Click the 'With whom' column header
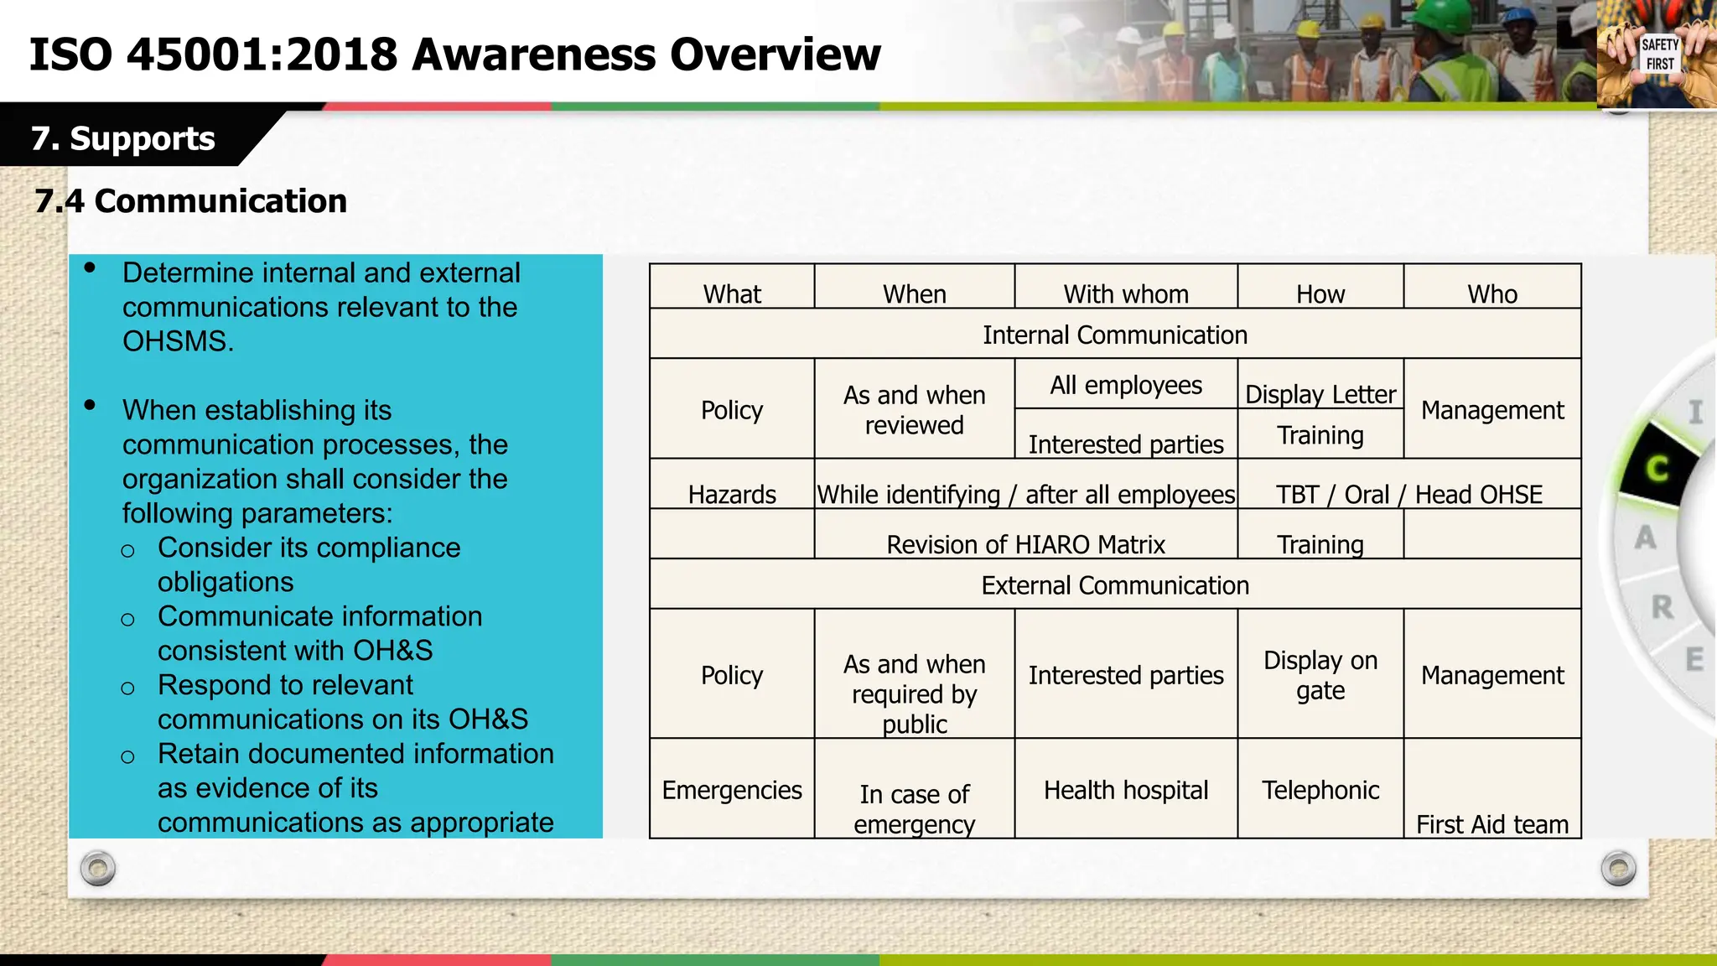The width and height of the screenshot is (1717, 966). tap(1125, 293)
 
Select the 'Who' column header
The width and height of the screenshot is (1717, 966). tap(1491, 293)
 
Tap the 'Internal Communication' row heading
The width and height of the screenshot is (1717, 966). tap(1114, 335)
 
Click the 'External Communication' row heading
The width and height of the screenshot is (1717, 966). tap(1114, 585)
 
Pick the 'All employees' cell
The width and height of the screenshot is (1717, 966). tap(1125, 385)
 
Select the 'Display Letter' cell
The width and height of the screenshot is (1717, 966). tap(1320, 393)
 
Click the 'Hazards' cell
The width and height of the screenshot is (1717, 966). tap(731, 494)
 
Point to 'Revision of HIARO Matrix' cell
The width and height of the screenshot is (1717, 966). tap(1025, 544)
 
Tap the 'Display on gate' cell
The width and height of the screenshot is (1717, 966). tap(1320, 675)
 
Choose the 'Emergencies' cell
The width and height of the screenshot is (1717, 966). tap(731, 790)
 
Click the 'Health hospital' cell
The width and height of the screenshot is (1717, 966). tap(1125, 790)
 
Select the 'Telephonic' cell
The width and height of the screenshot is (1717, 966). tap(1320, 790)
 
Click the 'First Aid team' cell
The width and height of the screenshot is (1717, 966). tap(1491, 824)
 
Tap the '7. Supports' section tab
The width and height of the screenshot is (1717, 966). tap(123, 138)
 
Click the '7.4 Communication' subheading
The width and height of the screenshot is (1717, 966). tap(191, 201)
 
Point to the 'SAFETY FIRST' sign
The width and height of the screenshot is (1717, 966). tap(1659, 55)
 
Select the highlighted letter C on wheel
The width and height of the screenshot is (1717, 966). tap(1657, 467)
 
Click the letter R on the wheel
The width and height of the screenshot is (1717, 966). tap(1663, 606)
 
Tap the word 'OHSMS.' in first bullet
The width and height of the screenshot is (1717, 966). tap(178, 341)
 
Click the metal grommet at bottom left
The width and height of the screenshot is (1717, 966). tap(98, 869)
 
